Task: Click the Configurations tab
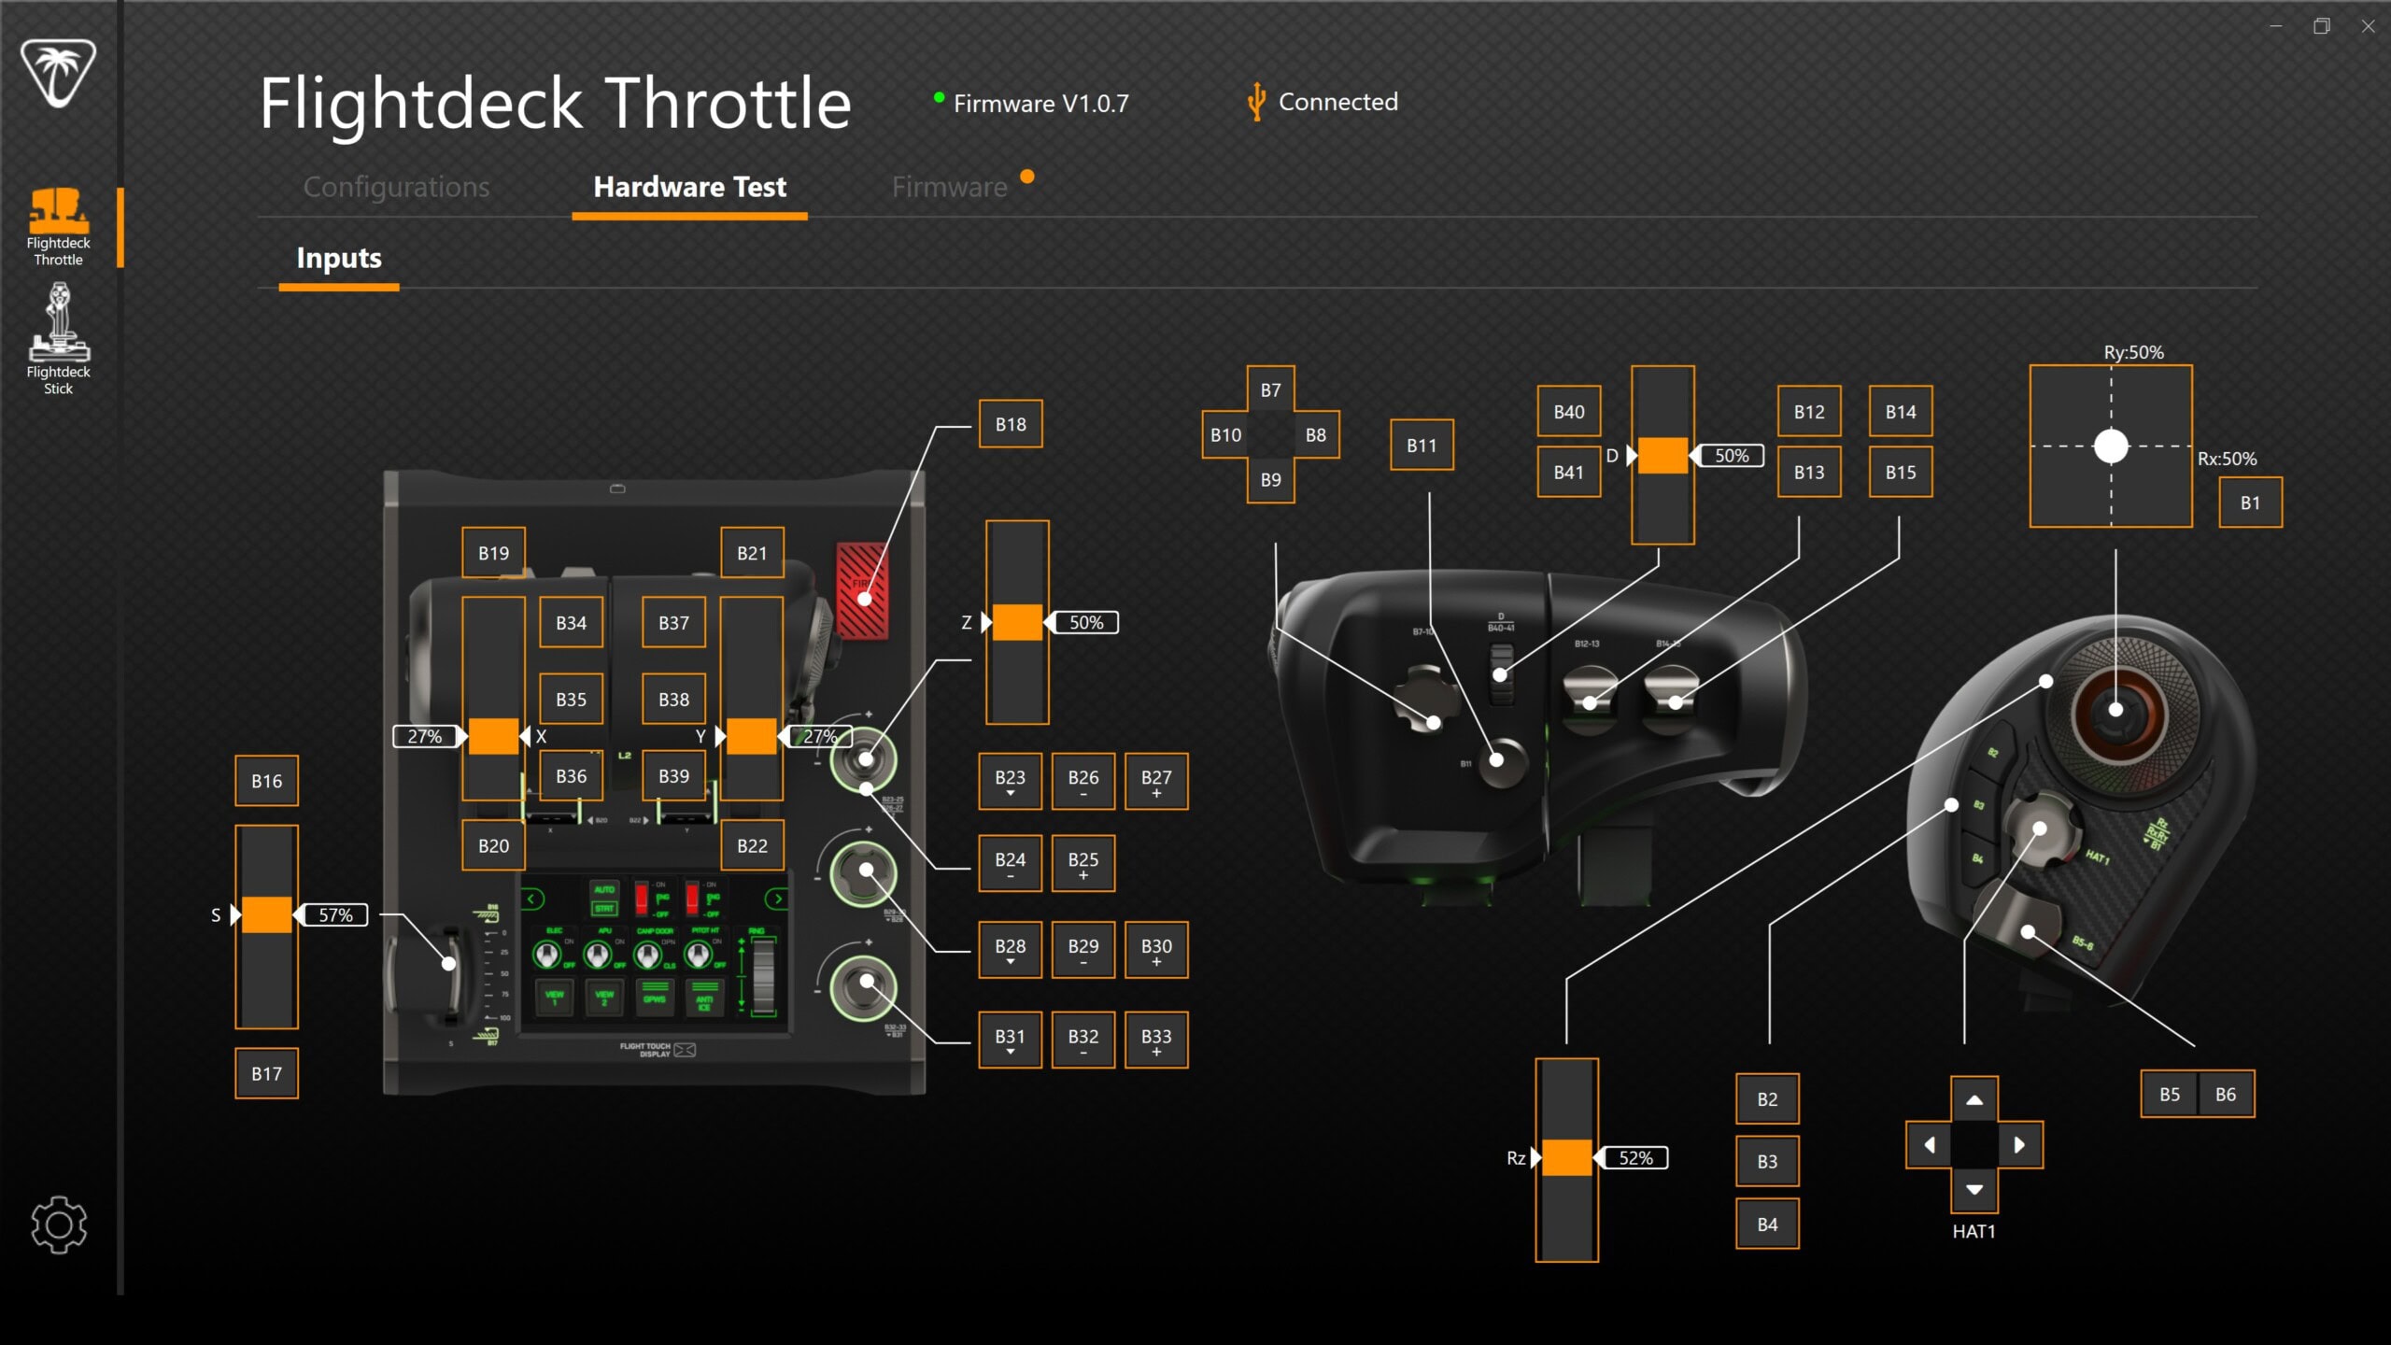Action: tap(396, 188)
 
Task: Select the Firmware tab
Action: tap(949, 188)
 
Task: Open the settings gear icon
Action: tap(59, 1225)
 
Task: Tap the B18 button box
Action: tap(1011, 424)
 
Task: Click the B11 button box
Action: tap(1422, 446)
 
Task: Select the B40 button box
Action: tap(1569, 412)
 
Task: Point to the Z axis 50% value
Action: tap(1086, 623)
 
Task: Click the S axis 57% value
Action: tap(335, 915)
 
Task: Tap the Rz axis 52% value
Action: tap(1635, 1158)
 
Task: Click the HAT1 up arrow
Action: tap(1974, 1100)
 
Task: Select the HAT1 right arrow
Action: tap(2019, 1145)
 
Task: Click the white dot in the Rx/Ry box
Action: tap(2111, 446)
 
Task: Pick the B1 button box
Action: tap(2250, 503)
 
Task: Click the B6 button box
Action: tap(2226, 1095)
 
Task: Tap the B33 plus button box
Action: tap(1156, 1040)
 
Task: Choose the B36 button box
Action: tap(571, 776)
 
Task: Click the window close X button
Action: tap(2368, 26)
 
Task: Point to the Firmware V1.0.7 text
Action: tap(1040, 104)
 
